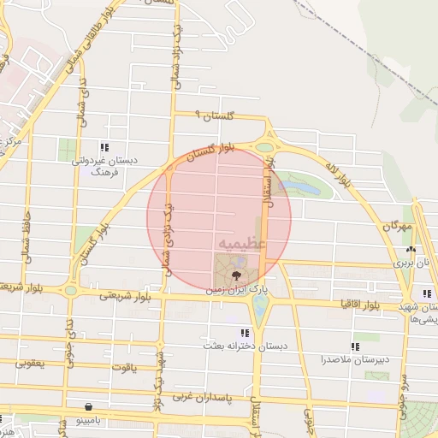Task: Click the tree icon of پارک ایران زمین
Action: pyautogui.click(x=233, y=274)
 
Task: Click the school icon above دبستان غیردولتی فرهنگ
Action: pyautogui.click(x=104, y=145)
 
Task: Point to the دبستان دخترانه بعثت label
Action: pyautogui.click(x=243, y=346)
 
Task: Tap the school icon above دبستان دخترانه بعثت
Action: pyautogui.click(x=245, y=332)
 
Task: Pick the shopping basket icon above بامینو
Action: pyautogui.click(x=89, y=407)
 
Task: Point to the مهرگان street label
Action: pyautogui.click(x=398, y=226)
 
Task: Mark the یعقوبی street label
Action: pyautogui.click(x=29, y=364)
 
